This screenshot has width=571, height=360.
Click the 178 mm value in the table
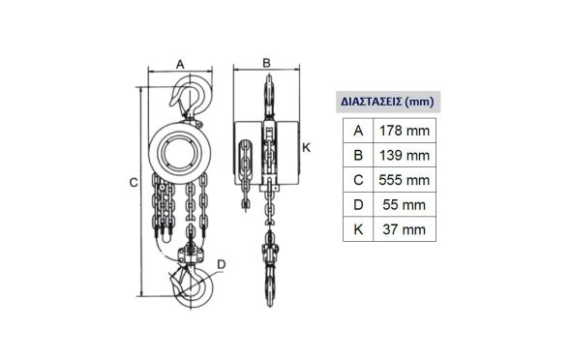405,131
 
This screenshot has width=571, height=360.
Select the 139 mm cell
405,156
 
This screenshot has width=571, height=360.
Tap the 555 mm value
405,180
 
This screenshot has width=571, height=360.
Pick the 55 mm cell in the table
405,205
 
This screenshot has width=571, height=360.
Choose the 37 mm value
405,229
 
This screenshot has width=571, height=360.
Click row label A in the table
358,131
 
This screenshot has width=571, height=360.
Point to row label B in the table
358,156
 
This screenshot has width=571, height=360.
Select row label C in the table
358,180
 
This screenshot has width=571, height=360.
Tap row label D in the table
358,205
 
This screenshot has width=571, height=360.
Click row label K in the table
358,229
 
